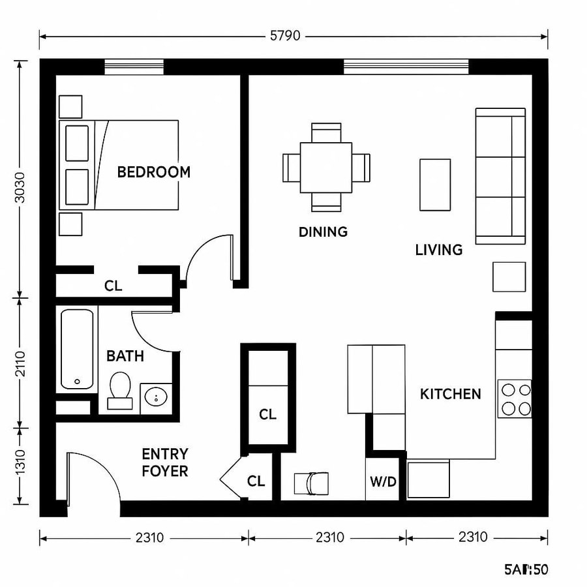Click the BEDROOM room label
(154, 172)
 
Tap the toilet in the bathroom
(120, 389)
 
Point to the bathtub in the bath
(77, 349)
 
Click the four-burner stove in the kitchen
(515, 399)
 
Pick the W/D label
(382, 481)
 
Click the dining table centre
(326, 167)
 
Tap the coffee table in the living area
(434, 185)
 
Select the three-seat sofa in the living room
(501, 176)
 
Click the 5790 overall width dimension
(285, 36)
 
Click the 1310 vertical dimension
(20, 465)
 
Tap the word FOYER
(165, 470)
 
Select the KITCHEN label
(451, 394)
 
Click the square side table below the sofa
(509, 277)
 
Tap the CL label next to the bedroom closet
(113, 286)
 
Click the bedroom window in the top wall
(134, 67)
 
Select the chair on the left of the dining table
(291, 168)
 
